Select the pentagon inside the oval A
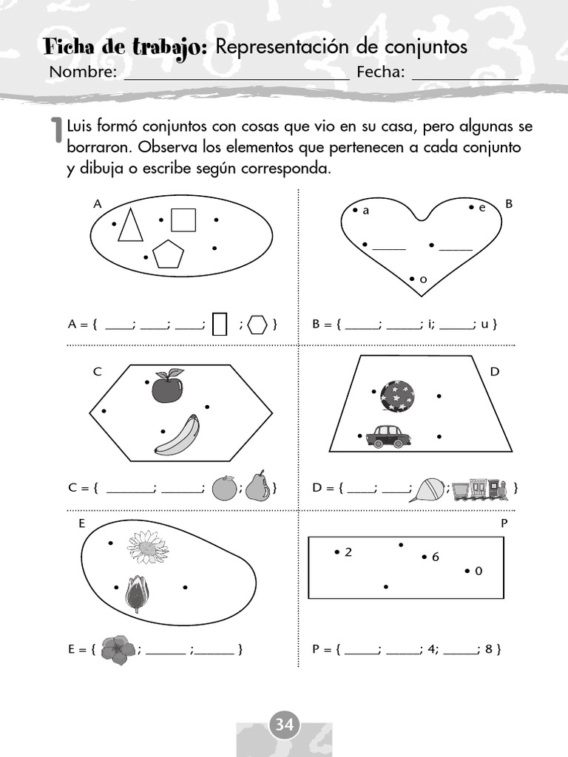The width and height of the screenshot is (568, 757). pyautogui.click(x=168, y=254)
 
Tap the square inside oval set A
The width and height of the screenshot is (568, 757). pyautogui.click(x=183, y=220)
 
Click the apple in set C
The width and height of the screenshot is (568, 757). pyautogui.click(x=167, y=387)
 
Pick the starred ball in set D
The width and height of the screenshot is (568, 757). pyautogui.click(x=397, y=396)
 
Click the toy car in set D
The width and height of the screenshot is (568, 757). pyautogui.click(x=388, y=436)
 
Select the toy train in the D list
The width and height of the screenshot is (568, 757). pyautogui.click(x=481, y=489)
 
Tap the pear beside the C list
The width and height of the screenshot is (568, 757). pyautogui.click(x=257, y=486)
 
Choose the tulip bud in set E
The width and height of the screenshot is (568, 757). pyautogui.click(x=137, y=594)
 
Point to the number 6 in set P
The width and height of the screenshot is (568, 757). pyautogui.click(x=436, y=557)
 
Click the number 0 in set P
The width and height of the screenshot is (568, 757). pyautogui.click(x=478, y=571)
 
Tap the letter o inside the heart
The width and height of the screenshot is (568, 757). pyautogui.click(x=423, y=280)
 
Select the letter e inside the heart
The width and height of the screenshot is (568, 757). pyautogui.click(x=481, y=208)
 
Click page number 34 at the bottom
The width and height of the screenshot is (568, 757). pyautogui.click(x=284, y=725)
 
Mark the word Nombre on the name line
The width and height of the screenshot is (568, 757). pyautogui.click(x=83, y=72)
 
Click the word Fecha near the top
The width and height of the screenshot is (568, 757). pyautogui.click(x=380, y=72)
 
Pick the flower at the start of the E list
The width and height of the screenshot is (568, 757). pyautogui.click(x=118, y=651)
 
